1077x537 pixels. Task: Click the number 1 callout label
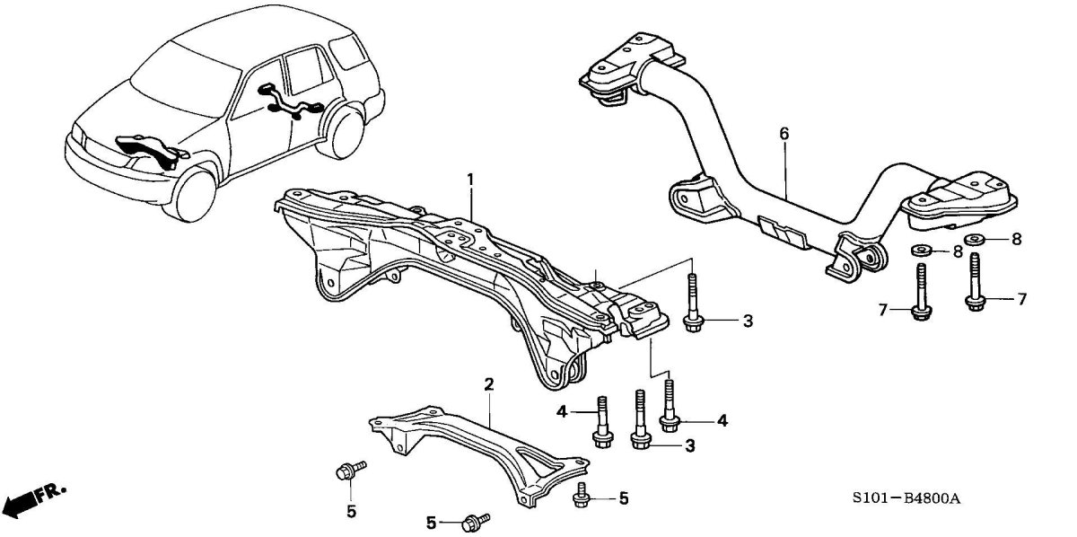point(468,181)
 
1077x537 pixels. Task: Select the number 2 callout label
point(489,385)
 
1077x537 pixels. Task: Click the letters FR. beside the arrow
point(53,491)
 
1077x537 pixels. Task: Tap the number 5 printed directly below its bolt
point(351,512)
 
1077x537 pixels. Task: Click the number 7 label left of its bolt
point(883,310)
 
